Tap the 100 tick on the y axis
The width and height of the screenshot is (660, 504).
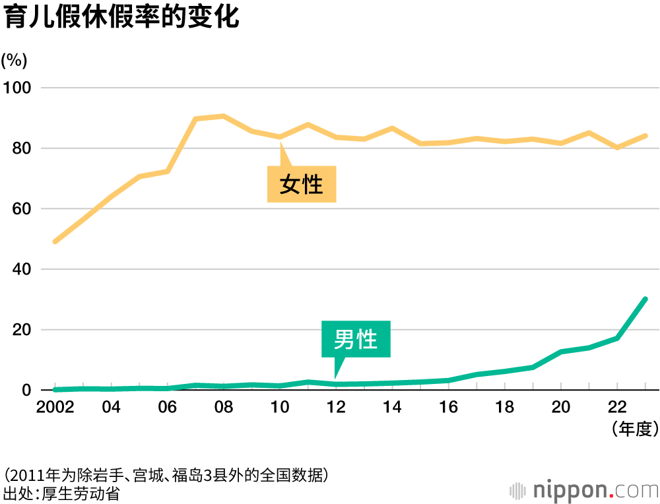pyautogui.click(x=18, y=88)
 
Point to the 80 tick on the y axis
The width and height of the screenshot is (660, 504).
pyautogui.click(x=21, y=148)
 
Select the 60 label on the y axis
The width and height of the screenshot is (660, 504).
pyautogui.click(x=21, y=209)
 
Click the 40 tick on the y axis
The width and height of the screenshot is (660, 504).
pyautogui.click(x=21, y=270)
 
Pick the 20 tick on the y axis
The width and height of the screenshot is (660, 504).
pyautogui.click(x=21, y=330)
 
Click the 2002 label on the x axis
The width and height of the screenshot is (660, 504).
pyautogui.click(x=55, y=407)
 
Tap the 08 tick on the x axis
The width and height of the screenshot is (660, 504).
pyautogui.click(x=224, y=407)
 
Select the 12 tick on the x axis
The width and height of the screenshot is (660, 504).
pyautogui.click(x=337, y=407)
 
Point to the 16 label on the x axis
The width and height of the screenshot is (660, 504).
pyautogui.click(x=449, y=407)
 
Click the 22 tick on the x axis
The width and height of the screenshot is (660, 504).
pyautogui.click(x=617, y=407)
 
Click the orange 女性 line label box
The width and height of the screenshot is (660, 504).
pyautogui.click(x=302, y=184)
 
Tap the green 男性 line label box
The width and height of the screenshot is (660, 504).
pyautogui.click(x=356, y=340)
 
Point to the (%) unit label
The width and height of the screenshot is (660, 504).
pyautogui.click(x=15, y=60)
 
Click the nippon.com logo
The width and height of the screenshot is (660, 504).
pyautogui.click(x=584, y=490)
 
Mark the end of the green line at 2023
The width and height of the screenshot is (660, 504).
pyautogui.click(x=645, y=299)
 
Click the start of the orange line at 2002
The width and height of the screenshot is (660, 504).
pyautogui.click(x=55, y=241)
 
